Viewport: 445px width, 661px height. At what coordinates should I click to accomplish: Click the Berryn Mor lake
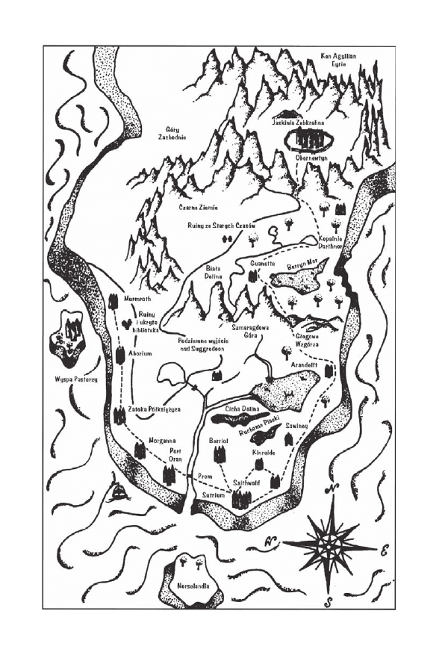[296, 280]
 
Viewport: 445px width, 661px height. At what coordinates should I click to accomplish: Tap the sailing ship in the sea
[118, 492]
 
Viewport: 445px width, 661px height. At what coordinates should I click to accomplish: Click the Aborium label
[140, 353]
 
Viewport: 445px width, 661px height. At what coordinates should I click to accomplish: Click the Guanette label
[263, 263]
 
